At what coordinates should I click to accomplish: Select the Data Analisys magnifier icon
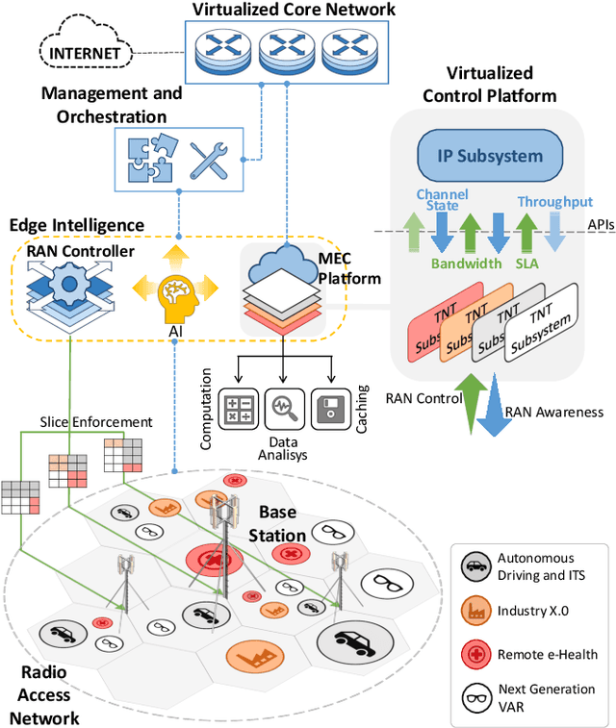coord(283,406)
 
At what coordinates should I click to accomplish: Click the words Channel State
coord(442,200)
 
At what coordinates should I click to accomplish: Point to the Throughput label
coord(554,202)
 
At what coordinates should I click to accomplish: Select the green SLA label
coord(528,263)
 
